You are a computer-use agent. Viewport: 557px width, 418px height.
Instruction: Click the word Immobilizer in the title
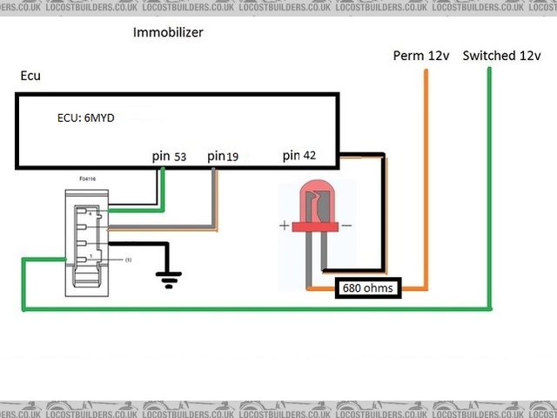click(168, 34)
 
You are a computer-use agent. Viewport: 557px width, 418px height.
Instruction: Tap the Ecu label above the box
click(30, 77)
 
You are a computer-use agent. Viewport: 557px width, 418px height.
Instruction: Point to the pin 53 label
click(169, 156)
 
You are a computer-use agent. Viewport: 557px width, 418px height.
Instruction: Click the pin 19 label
click(223, 156)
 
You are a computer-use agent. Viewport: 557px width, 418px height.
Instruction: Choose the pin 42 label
click(299, 156)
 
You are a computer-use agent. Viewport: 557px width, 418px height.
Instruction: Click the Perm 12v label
click(421, 56)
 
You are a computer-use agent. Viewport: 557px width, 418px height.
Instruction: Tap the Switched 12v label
click(502, 56)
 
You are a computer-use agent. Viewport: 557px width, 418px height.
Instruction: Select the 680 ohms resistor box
click(368, 288)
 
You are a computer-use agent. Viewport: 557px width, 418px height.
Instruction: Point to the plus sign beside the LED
click(284, 226)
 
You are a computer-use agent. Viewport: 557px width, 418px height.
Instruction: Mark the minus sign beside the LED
click(347, 226)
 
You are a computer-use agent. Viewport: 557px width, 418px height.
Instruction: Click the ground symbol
click(169, 278)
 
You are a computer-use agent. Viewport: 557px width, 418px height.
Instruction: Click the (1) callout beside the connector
click(127, 260)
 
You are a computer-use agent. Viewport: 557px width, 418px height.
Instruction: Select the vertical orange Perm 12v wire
click(426, 174)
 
